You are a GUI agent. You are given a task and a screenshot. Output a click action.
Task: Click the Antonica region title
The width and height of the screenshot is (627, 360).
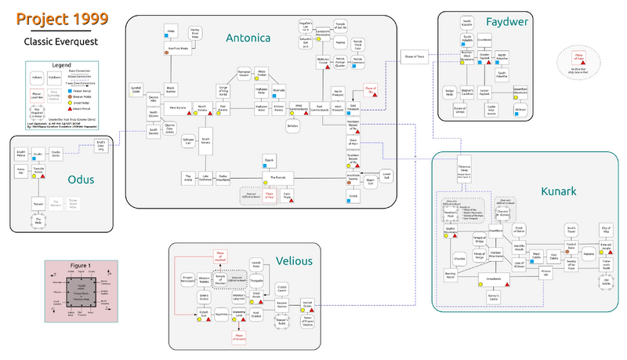[248, 37]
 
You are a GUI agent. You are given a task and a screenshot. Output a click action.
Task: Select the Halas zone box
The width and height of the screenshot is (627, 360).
[170, 31]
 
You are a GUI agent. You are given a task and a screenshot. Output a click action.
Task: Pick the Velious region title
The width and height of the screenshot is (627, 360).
[294, 260]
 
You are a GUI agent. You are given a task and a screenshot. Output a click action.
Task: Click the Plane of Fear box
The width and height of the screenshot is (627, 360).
[269, 197]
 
